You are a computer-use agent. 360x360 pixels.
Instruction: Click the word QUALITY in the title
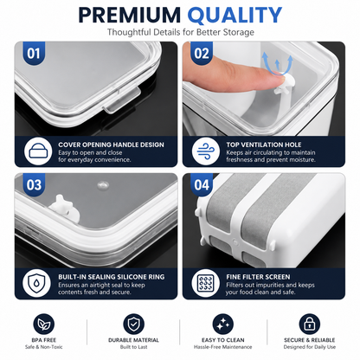tap(235, 16)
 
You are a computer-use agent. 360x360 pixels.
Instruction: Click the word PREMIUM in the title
tap(130, 15)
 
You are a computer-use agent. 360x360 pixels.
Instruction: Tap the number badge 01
tap(34, 54)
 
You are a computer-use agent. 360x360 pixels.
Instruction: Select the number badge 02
tap(202, 54)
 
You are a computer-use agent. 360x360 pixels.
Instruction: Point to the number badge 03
tap(34, 184)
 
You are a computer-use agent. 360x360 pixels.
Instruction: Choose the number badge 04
tap(202, 184)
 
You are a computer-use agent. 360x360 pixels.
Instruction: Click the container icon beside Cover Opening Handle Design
tap(38, 151)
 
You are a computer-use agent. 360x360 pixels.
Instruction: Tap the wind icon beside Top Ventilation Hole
tap(206, 151)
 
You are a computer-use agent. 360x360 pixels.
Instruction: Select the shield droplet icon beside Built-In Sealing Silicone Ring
tap(36, 283)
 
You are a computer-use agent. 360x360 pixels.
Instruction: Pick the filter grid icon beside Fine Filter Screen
tap(205, 283)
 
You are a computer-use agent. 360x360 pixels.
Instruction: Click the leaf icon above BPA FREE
tap(44, 325)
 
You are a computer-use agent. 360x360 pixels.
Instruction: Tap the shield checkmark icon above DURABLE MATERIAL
tap(133, 325)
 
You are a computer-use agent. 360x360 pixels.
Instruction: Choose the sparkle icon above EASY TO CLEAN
tap(223, 325)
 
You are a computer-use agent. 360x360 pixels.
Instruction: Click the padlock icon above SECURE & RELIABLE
tap(310, 325)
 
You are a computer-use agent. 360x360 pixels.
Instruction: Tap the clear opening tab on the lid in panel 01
tap(122, 100)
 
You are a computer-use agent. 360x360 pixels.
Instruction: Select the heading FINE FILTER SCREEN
tap(258, 277)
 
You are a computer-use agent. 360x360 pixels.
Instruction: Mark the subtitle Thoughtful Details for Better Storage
tap(181, 32)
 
